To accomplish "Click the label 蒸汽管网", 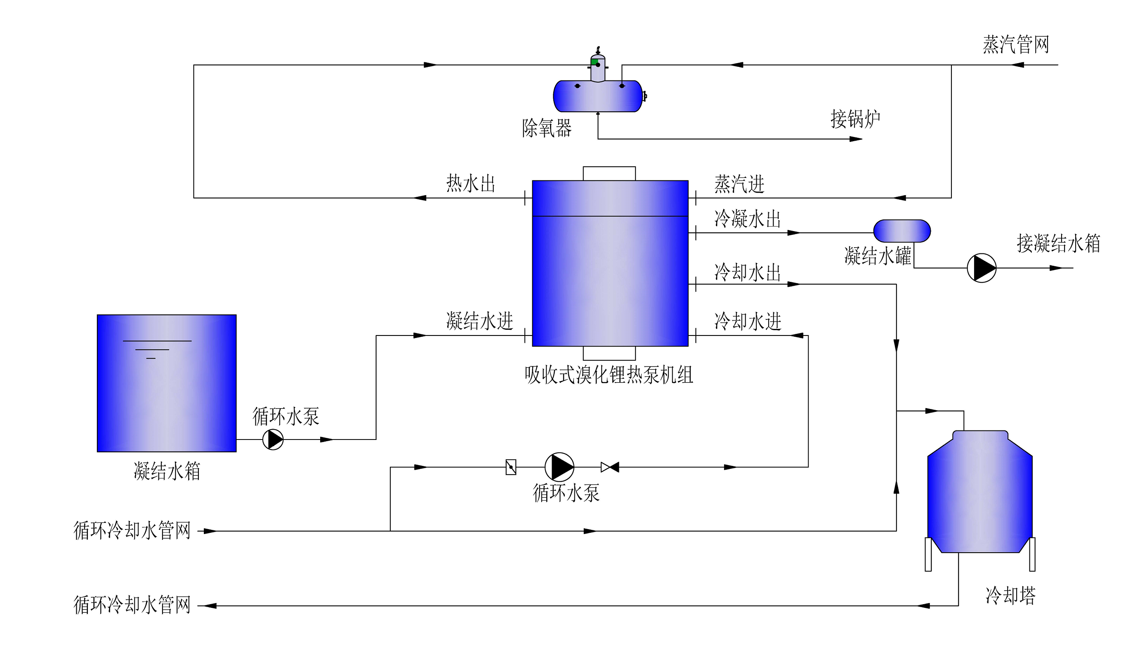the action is (x=1016, y=45).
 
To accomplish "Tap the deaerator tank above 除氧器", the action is (x=598, y=96).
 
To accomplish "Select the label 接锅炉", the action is (x=855, y=119).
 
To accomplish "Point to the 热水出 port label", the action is (x=471, y=184).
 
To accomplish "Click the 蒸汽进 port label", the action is (x=739, y=184).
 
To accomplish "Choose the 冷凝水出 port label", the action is (x=748, y=219).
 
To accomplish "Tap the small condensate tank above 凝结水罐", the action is (x=902, y=231).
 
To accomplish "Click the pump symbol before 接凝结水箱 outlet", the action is (x=982, y=268).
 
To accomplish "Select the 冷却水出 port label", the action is (x=748, y=272).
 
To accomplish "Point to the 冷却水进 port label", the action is (x=748, y=321).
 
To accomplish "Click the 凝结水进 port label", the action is (x=480, y=321).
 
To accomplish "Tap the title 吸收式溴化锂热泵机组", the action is (x=609, y=375).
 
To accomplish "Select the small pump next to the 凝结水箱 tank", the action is (x=273, y=439).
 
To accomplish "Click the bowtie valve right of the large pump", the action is (x=610, y=467).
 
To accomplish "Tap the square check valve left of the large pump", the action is (x=511, y=467).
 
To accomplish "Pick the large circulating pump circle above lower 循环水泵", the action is (x=559, y=467).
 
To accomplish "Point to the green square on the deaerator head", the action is (x=595, y=62).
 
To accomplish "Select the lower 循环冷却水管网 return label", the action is (x=132, y=605).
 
